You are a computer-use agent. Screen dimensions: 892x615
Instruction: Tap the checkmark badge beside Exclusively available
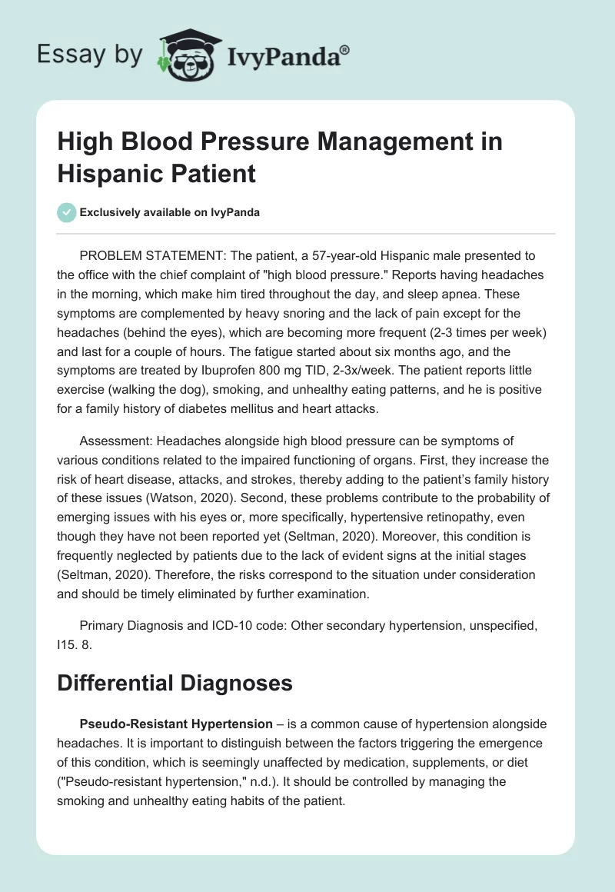67,212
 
